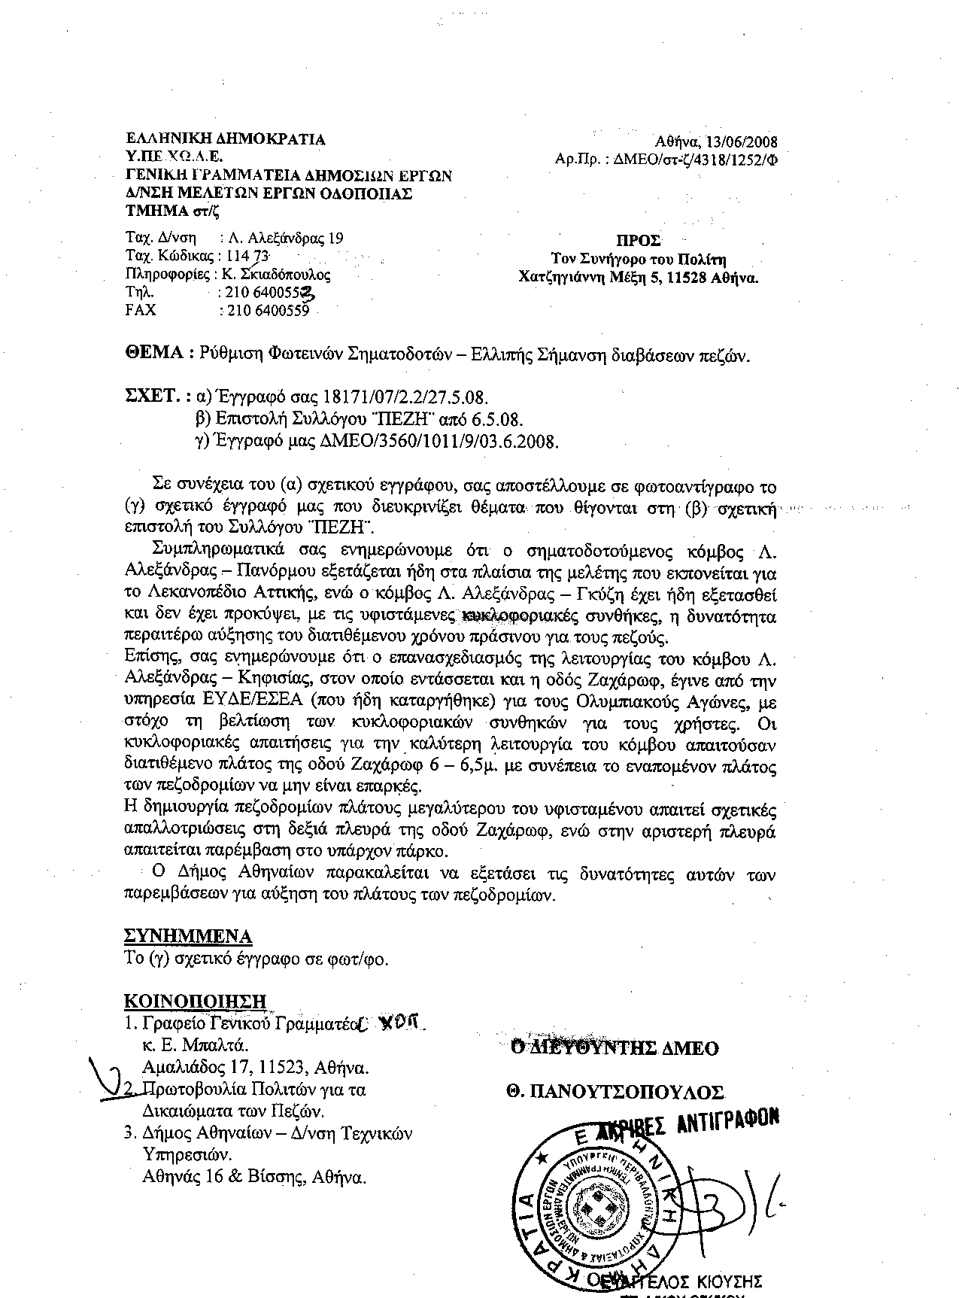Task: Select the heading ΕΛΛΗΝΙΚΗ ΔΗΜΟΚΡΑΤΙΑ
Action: [225, 139]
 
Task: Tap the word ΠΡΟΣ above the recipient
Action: [639, 241]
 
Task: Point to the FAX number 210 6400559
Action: [263, 310]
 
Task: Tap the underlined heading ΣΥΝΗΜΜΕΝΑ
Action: [187, 936]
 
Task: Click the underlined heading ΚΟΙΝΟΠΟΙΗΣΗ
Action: [195, 1002]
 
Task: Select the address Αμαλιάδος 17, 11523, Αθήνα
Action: [255, 1067]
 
